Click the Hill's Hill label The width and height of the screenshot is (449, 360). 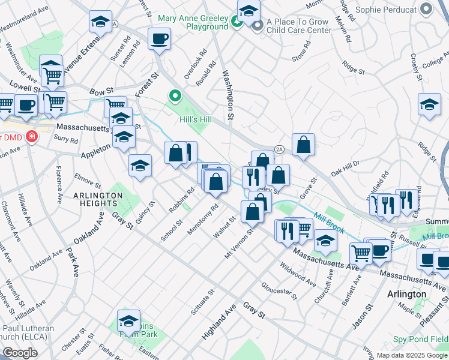tap(196, 119)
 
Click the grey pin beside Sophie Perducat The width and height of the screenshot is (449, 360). tap(427, 10)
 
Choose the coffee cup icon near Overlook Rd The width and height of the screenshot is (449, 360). tap(159, 40)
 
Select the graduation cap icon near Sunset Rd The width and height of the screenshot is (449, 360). tap(100, 23)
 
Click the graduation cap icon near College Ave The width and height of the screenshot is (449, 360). tap(429, 105)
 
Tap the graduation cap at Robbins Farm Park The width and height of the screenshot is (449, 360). tap(128, 321)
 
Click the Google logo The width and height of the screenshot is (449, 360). tap(20, 353)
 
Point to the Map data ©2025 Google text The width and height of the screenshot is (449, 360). tap(411, 355)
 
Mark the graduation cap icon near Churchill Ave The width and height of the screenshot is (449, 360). tap(325, 241)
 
